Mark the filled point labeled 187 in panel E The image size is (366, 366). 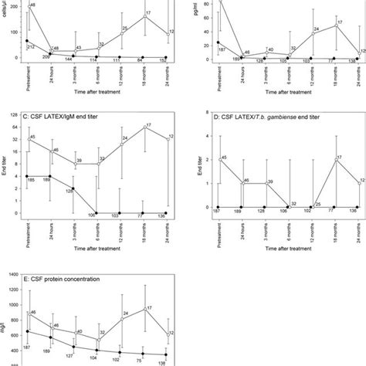click(x=27, y=332)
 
